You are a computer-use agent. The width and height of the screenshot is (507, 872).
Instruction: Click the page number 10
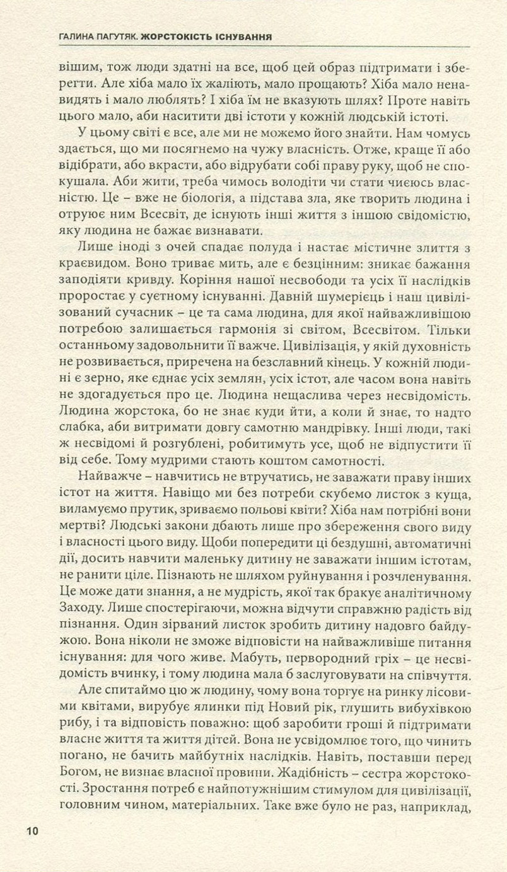32,831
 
